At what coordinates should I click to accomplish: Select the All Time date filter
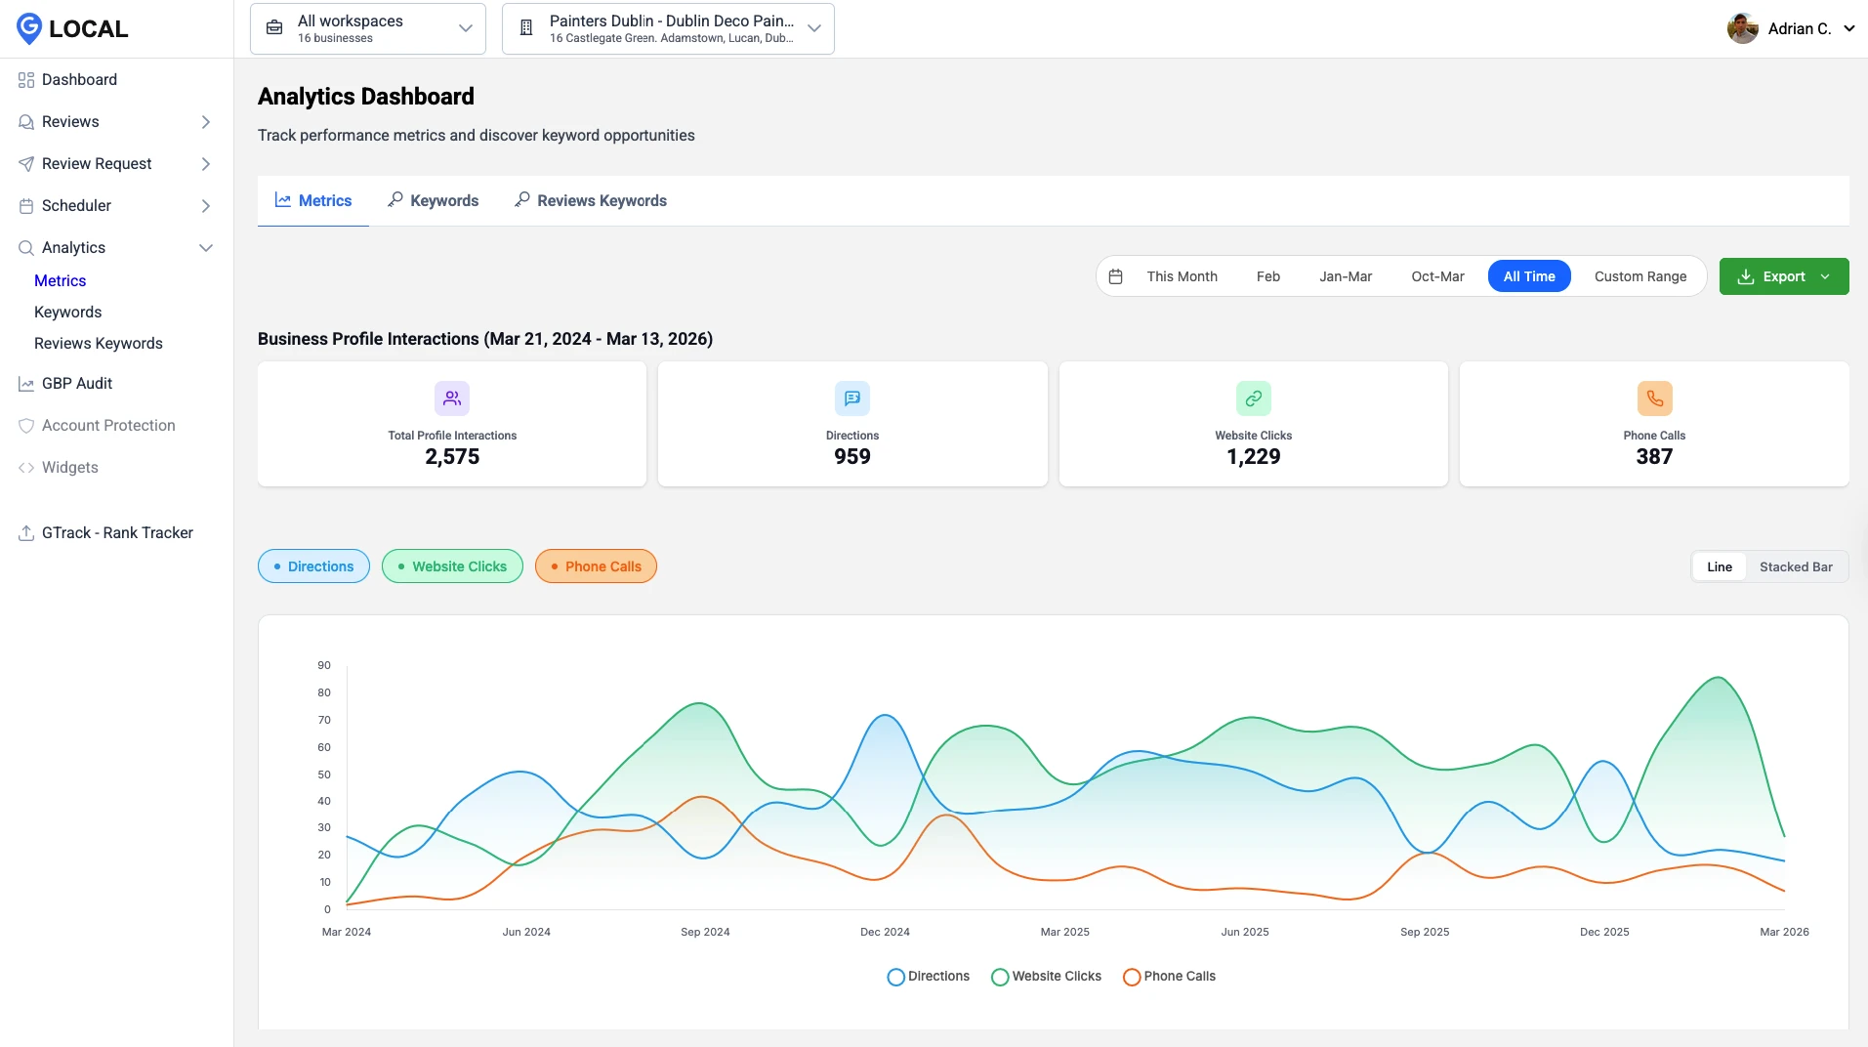tap(1528, 276)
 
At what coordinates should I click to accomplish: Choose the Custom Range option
tap(1640, 276)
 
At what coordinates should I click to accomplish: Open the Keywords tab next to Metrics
tap(434, 200)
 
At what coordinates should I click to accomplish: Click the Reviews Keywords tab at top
tap(591, 200)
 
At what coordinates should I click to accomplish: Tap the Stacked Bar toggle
tap(1795, 566)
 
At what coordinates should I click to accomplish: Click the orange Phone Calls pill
tap(596, 566)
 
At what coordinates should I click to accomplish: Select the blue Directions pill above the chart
tap(313, 566)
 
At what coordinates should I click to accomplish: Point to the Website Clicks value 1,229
tap(1253, 456)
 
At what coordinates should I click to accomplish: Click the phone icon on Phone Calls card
tap(1654, 398)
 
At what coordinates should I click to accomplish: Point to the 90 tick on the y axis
tap(324, 665)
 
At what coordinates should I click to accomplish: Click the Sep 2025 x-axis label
tap(1424, 932)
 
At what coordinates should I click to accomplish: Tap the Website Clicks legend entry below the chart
tap(1046, 976)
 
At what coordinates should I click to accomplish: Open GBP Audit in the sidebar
tap(77, 383)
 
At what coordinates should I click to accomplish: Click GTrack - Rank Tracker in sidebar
tap(117, 532)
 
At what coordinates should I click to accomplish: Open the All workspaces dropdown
tap(368, 28)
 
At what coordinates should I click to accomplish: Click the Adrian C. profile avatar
tap(1742, 28)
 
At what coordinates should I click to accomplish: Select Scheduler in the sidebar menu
tap(76, 205)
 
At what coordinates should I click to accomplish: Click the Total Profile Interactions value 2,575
tap(452, 456)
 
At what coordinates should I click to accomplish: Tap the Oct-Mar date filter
tap(1437, 276)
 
